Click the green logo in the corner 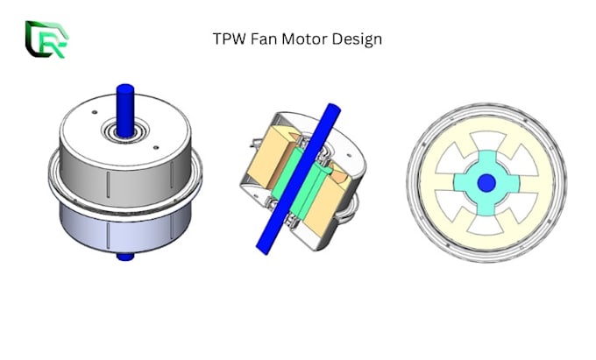(44, 39)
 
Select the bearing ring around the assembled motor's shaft (124, 135)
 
